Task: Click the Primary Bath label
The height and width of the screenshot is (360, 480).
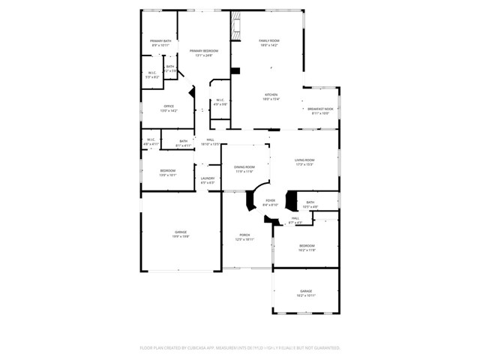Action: click(160, 40)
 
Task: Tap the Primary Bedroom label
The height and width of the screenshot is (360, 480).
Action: click(204, 50)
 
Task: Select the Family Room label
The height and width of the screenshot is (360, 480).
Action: click(269, 40)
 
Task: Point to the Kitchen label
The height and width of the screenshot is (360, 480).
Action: click(271, 94)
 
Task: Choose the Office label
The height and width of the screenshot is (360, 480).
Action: click(169, 106)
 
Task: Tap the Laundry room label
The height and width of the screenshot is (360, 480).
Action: click(207, 178)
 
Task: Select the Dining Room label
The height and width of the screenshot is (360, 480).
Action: click(244, 166)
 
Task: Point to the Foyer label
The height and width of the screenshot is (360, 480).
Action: click(270, 200)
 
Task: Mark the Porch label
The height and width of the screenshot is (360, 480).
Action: click(244, 235)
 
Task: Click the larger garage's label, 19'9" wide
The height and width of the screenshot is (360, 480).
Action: click(181, 232)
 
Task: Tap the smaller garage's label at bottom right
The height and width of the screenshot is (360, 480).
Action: click(306, 291)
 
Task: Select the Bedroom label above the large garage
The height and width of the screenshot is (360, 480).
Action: click(168, 170)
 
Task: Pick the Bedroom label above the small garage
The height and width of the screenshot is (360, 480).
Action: click(307, 246)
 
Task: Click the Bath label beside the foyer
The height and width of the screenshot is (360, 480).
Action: click(310, 202)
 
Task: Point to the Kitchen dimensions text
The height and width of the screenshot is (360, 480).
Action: click(271, 99)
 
